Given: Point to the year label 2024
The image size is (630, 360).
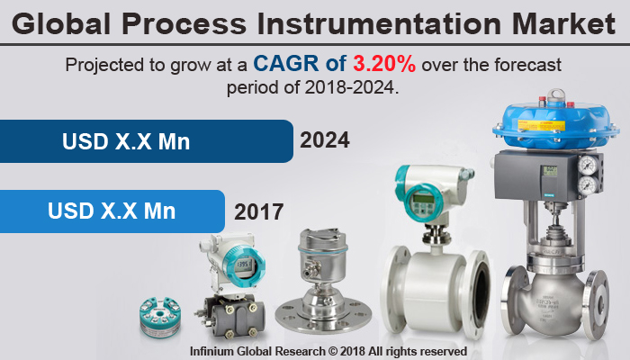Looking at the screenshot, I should pyautogui.click(x=325, y=141).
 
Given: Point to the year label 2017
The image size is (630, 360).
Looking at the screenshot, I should pyautogui.click(x=259, y=212).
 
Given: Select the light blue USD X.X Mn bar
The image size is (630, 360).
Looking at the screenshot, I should pyautogui.click(x=112, y=211).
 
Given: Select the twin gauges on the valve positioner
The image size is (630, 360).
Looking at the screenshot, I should pyautogui.click(x=589, y=175).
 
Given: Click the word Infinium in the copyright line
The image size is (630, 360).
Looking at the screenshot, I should pyautogui.click(x=216, y=349).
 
